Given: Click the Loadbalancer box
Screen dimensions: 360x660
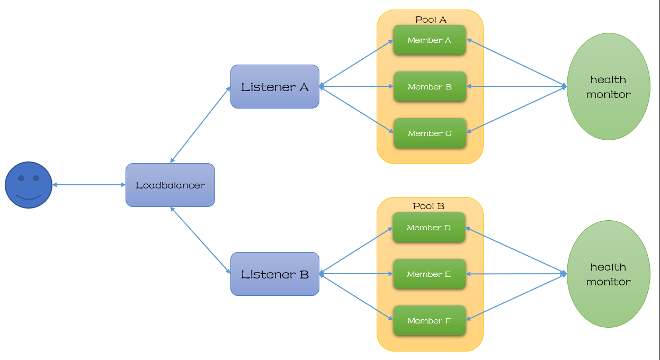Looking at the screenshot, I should (170, 185).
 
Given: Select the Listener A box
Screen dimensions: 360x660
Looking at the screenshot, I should (274, 87).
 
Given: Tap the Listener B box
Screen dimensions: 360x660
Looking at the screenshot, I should (274, 274).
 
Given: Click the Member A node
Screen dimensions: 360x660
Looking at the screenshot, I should (429, 40).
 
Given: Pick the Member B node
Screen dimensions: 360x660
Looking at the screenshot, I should (430, 87).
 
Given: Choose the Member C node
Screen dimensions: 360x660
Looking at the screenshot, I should (430, 133).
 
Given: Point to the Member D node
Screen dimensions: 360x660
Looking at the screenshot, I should (429, 228).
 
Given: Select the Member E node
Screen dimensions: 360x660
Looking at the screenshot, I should (429, 274).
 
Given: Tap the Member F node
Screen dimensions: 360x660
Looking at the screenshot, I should (429, 321).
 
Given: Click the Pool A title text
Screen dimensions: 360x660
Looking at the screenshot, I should (431, 20).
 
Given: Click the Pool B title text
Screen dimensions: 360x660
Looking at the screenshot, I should (429, 206).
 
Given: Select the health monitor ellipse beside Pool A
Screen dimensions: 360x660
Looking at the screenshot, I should (608, 87).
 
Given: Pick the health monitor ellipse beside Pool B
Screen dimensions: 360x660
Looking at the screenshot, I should (608, 274).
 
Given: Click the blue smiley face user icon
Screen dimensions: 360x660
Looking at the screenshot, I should (29, 185).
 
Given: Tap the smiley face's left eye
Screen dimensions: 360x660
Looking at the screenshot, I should (21, 178).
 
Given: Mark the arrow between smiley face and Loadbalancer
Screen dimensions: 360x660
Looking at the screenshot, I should (89, 185).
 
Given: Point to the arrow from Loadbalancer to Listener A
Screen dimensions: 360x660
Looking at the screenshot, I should (201, 125).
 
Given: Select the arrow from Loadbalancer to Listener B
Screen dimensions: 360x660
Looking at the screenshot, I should (201, 240).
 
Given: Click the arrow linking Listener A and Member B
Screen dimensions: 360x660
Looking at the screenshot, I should (356, 86).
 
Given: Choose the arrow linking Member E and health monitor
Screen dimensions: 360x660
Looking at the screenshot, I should (516, 274).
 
